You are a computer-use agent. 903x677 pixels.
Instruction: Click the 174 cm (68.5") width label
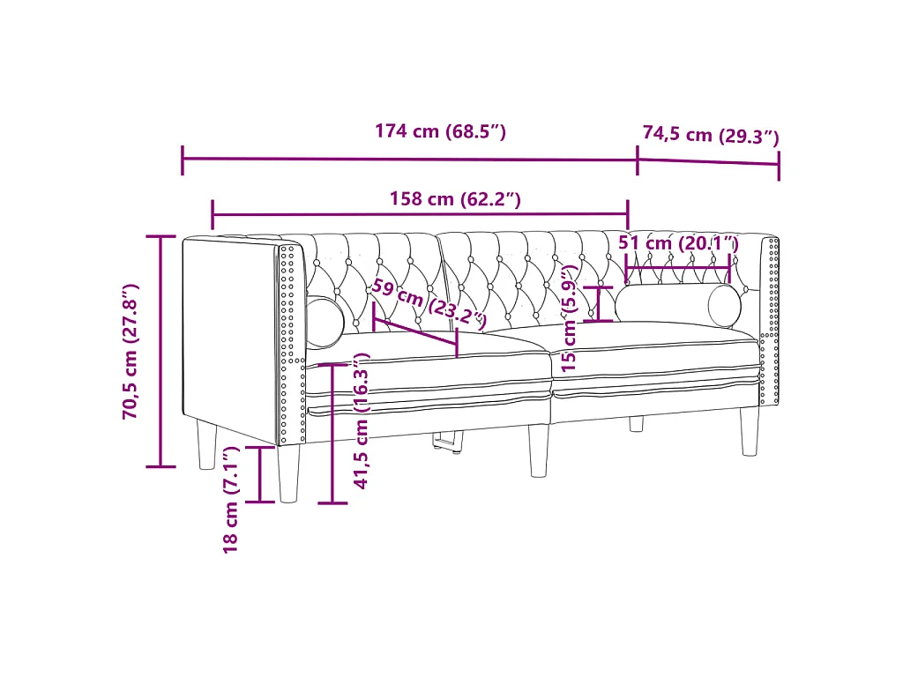[x=441, y=132]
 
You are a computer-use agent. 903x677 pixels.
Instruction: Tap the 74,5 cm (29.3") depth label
[x=711, y=135]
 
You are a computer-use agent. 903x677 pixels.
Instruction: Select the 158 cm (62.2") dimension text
[x=455, y=199]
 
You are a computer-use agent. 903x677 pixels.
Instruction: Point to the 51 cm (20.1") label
[x=678, y=243]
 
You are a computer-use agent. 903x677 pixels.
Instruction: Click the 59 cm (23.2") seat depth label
[x=429, y=304]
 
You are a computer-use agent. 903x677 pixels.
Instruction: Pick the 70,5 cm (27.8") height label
[x=131, y=351]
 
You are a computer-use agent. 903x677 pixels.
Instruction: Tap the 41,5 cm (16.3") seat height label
[x=361, y=421]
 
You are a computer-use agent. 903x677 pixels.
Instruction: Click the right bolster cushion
[x=678, y=305]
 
